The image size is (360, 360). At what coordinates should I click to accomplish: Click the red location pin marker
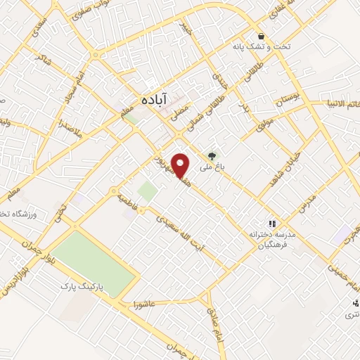(x=181, y=165)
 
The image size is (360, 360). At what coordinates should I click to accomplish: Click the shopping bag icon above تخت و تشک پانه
(x=261, y=36)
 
